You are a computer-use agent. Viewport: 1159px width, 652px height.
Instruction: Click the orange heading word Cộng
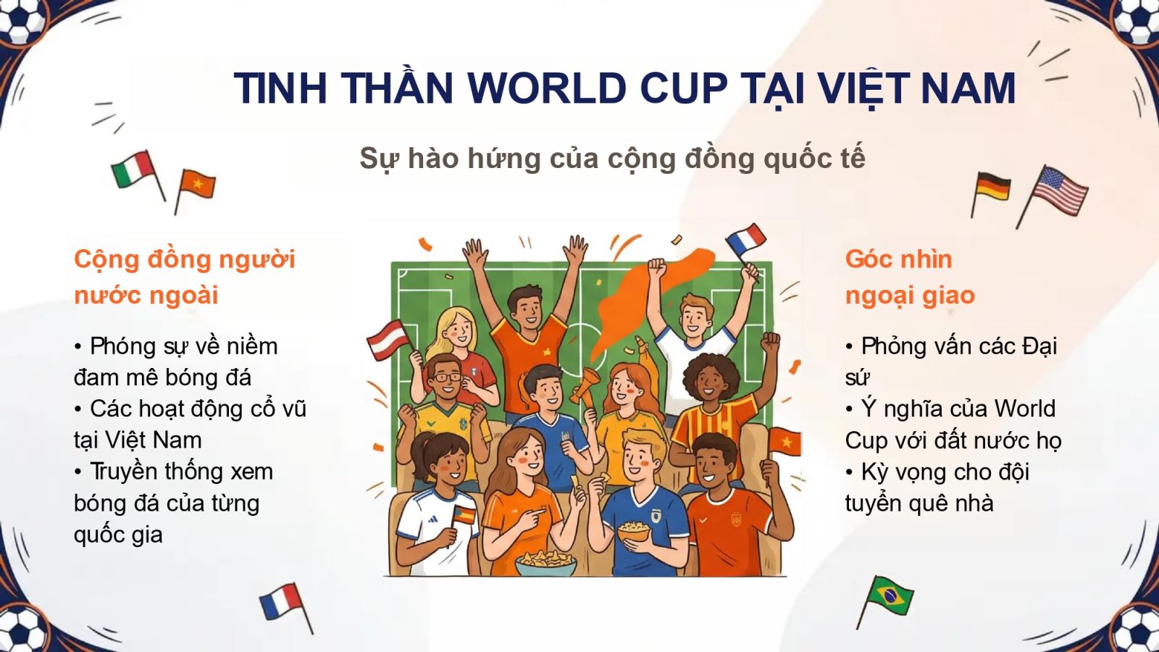(x=106, y=260)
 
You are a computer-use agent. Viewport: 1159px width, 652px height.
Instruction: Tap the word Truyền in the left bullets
(x=127, y=472)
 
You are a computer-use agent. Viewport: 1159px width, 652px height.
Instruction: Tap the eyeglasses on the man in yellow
(x=446, y=377)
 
